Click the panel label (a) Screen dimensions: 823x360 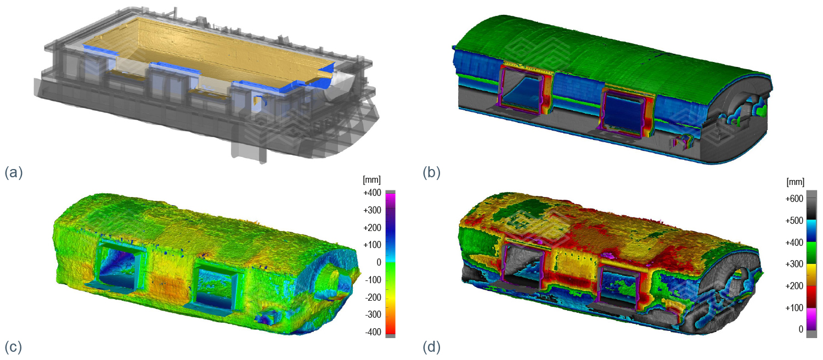tap(14, 172)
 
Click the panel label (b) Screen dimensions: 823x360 tap(432, 172)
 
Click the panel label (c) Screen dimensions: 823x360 tap(13, 347)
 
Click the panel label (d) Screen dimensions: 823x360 tap(432, 347)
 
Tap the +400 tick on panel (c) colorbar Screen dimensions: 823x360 tap(372, 193)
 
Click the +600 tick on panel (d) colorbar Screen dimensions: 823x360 tap(794, 199)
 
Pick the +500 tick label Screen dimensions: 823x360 tap(794, 221)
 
